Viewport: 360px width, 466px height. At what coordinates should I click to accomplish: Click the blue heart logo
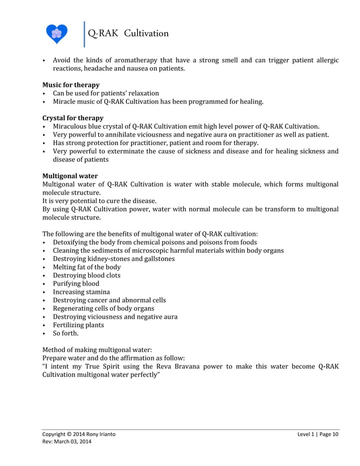pos(56,34)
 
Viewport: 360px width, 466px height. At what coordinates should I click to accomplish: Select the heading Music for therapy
pos(71,85)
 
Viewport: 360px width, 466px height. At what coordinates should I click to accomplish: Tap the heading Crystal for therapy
pos(73,118)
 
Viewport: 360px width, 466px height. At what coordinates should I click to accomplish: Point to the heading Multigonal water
pos(70,176)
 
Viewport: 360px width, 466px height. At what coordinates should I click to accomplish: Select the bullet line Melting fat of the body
pos(86,267)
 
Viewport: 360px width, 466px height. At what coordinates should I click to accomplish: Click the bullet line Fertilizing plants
pos(78,325)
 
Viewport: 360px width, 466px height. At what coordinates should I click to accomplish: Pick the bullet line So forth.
pos(65,333)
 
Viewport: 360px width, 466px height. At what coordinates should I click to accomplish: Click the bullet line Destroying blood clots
pos(86,275)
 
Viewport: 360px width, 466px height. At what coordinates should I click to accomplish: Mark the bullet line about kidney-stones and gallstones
pos(113,259)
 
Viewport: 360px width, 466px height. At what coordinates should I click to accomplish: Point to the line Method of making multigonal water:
pos(97,350)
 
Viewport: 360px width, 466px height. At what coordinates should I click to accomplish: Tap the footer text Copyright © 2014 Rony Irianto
pos(81,434)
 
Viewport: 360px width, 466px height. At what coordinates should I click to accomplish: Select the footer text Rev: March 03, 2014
pos(67,442)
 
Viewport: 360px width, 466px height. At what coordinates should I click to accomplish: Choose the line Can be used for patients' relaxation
pos(106,93)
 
